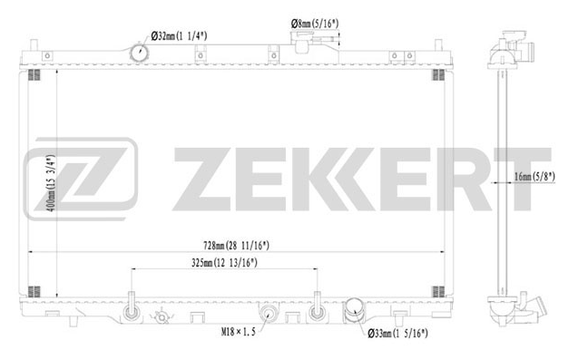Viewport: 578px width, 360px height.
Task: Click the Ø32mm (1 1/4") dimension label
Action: [179, 36]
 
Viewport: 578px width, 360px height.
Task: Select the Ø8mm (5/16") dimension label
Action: [315, 24]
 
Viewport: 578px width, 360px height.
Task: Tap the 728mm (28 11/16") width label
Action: [236, 246]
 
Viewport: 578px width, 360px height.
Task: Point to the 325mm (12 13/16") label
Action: [224, 263]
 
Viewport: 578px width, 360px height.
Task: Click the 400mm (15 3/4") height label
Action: [51, 183]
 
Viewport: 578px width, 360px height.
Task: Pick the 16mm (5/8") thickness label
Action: [534, 177]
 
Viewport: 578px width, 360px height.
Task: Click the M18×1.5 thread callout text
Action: [238, 332]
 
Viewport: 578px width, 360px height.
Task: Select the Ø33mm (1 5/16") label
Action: [397, 334]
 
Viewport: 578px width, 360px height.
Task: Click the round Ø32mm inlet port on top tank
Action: [140, 53]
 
